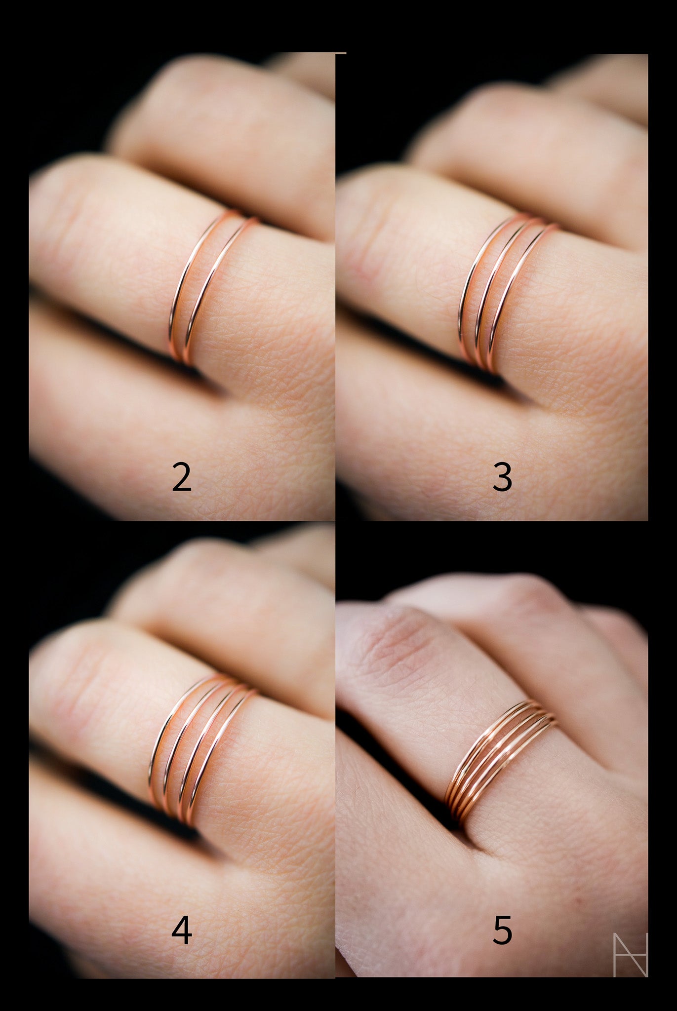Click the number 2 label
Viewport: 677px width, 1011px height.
click(x=181, y=477)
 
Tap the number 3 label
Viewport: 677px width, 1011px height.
click(x=502, y=477)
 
